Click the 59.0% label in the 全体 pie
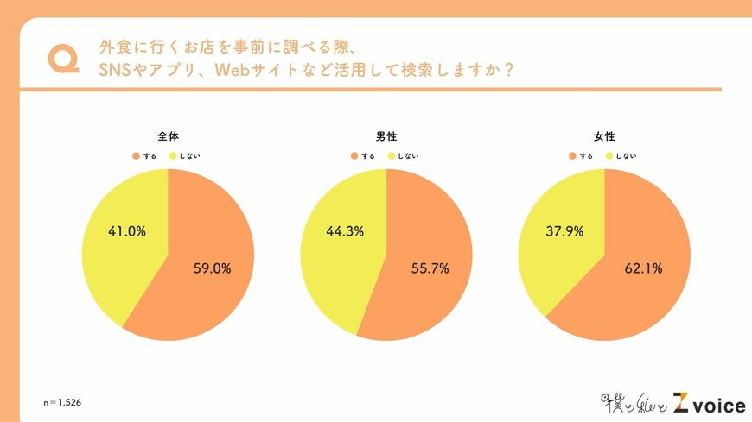[x=213, y=268]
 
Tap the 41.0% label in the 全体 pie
[x=126, y=231]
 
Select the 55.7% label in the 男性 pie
[x=430, y=268]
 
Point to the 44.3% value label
[x=344, y=231]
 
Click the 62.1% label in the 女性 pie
[x=643, y=268]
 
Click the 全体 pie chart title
[x=168, y=136]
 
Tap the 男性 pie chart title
[x=386, y=136]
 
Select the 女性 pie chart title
[x=604, y=136]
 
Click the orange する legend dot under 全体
[x=136, y=156]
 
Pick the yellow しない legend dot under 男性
[x=392, y=156]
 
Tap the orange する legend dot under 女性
[x=572, y=156]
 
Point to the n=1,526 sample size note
[x=62, y=403]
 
